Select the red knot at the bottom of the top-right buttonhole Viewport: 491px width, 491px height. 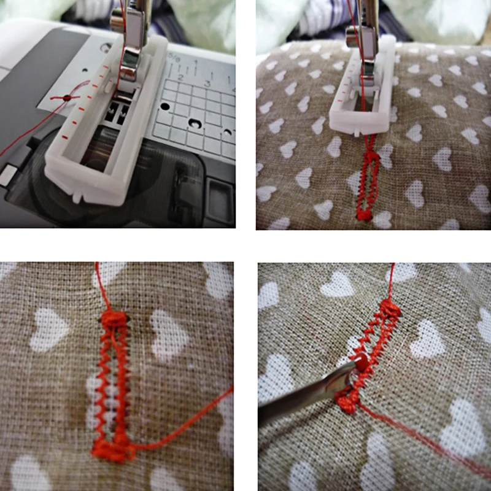point(364,214)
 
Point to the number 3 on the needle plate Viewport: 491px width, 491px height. point(207,83)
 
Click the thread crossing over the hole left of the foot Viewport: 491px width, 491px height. point(66,97)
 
